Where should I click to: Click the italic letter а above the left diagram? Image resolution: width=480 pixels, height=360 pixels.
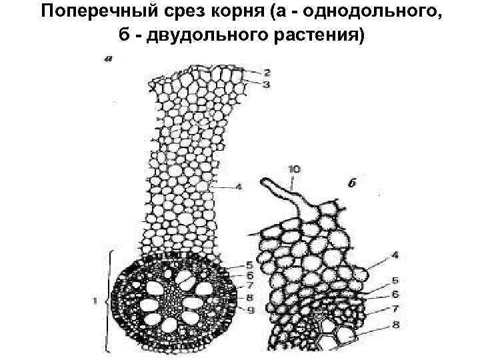[108, 59]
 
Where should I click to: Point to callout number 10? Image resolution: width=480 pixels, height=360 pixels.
[293, 169]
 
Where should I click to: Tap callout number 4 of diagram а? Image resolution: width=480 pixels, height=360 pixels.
[239, 187]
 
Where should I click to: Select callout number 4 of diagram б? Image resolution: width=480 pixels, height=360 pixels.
[395, 255]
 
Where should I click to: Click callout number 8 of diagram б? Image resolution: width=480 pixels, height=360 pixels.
[395, 325]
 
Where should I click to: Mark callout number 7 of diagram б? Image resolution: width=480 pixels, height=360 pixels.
[395, 309]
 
